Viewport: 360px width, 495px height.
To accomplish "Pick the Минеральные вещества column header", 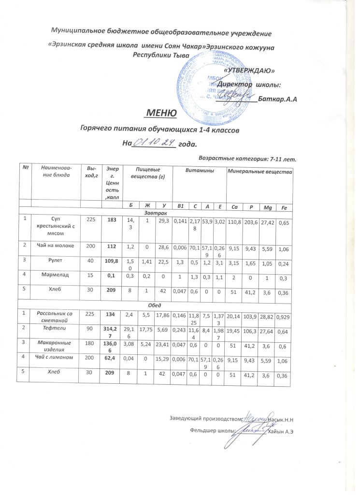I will [x=260, y=172].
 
